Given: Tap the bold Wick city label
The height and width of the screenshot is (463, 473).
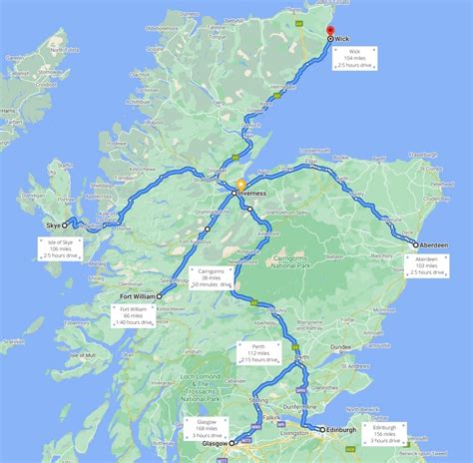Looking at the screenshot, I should point(342,39).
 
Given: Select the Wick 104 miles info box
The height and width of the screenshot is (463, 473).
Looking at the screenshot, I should point(353,59).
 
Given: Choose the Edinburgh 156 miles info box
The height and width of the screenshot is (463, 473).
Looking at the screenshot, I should point(383,414).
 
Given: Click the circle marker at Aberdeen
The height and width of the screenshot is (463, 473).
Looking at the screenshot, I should point(415,243).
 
